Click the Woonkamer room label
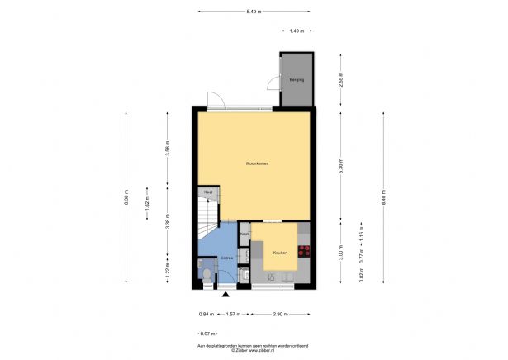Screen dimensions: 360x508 click(x=257, y=163)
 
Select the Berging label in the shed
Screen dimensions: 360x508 click(x=297, y=80)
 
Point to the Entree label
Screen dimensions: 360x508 click(x=226, y=258)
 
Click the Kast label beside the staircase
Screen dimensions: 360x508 click(x=208, y=192)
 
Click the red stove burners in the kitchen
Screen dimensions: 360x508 click(x=304, y=249)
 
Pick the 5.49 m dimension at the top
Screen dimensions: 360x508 click(x=254, y=11)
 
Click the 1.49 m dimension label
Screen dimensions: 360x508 click(x=296, y=31)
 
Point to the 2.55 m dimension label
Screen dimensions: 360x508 click(x=340, y=80)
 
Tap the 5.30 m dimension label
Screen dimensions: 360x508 click(x=340, y=164)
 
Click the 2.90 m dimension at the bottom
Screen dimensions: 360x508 click(x=280, y=315)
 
